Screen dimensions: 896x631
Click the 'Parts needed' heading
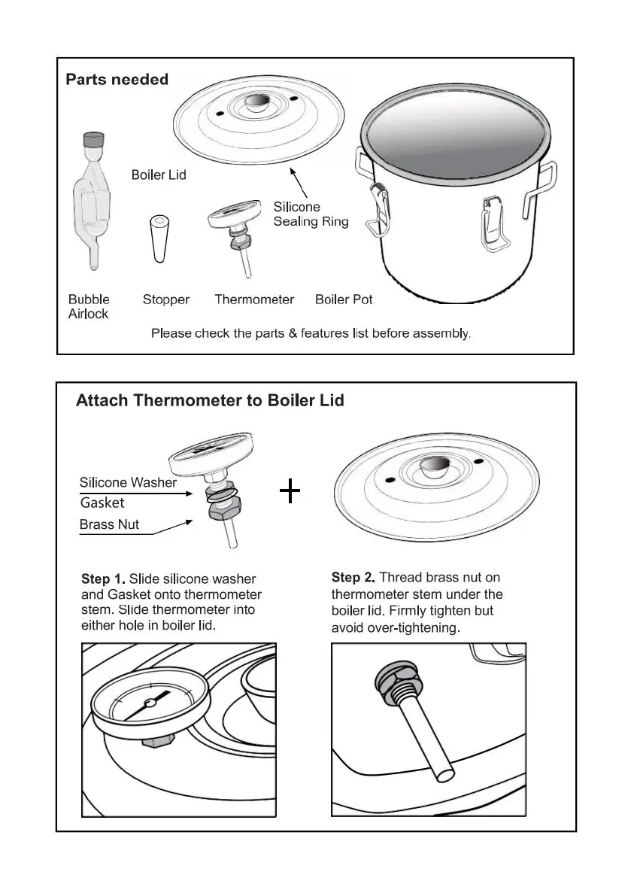coord(117,80)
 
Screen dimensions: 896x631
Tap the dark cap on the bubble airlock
coord(94,139)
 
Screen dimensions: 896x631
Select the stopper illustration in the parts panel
coord(159,239)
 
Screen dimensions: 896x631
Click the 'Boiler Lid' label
coord(159,175)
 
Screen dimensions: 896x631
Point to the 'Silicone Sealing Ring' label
coord(311,214)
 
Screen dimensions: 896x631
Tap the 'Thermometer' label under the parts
coord(254,299)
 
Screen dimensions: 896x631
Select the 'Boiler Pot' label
coord(344,299)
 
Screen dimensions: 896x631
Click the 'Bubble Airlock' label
coord(89,306)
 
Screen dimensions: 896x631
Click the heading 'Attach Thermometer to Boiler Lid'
coord(210,400)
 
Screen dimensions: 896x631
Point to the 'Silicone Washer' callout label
coord(128,482)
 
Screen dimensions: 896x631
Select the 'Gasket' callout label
coord(102,503)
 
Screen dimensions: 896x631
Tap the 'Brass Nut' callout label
coord(109,524)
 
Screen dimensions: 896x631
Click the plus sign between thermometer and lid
coord(290,492)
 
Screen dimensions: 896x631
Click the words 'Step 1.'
coord(103,579)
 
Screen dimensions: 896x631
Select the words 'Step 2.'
coord(353,578)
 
